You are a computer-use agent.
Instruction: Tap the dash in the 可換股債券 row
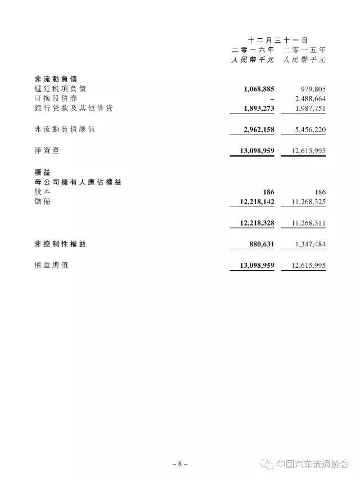(272, 98)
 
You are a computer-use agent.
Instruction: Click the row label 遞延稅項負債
(61, 89)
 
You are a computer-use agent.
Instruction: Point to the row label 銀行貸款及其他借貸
(73, 108)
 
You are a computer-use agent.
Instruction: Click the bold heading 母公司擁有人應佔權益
(78, 182)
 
